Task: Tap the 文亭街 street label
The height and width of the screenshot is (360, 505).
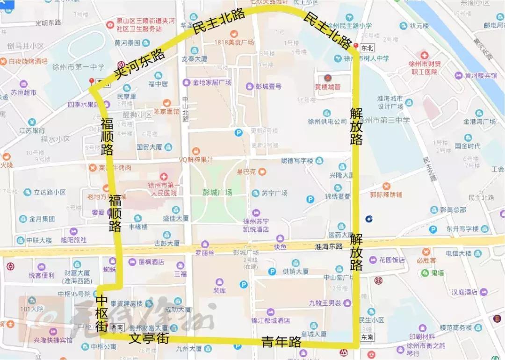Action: (149, 338)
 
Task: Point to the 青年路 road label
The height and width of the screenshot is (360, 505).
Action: (281, 342)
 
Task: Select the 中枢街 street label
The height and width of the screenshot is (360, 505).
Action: (102, 314)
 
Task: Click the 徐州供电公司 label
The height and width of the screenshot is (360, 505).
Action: (327, 122)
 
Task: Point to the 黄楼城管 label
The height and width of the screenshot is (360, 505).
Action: (327, 86)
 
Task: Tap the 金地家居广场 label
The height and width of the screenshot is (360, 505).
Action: (213, 82)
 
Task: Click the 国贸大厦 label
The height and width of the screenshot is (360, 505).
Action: (149, 147)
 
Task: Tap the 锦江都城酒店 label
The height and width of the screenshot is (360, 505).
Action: (271, 321)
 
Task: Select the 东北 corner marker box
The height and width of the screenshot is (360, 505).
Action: (367, 47)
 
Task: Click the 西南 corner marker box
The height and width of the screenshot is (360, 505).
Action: (117, 327)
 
